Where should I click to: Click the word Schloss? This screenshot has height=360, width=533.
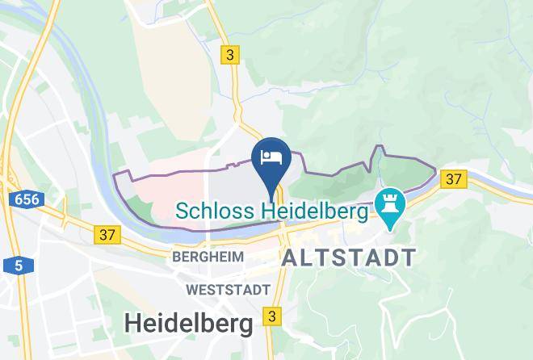click(x=213, y=211)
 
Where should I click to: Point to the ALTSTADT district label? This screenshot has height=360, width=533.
click(x=349, y=258)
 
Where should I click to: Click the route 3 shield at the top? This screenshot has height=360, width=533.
click(x=232, y=55)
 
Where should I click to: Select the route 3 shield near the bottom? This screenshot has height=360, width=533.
click(x=274, y=316)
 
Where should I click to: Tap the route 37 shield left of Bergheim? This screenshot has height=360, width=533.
click(x=107, y=235)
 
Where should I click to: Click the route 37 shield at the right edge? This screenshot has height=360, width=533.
click(x=454, y=179)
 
